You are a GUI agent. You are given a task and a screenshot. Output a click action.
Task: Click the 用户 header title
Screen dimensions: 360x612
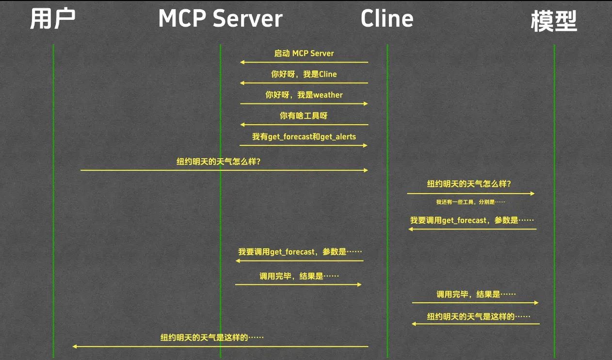tap(53, 19)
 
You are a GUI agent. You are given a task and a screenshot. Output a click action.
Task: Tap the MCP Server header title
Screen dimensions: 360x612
tap(220, 19)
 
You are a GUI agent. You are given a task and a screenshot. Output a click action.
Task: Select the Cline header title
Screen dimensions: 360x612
tap(387, 19)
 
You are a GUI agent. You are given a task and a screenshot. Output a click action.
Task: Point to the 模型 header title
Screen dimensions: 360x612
tap(554, 21)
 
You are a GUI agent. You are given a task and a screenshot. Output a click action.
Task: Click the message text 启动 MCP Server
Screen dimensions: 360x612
tap(304, 53)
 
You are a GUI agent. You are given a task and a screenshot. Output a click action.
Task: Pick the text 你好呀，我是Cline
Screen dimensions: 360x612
tap(304, 74)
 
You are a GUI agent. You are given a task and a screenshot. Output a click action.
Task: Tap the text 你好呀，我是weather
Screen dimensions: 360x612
tap(304, 95)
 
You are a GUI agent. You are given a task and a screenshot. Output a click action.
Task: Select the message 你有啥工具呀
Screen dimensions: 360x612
tap(304, 116)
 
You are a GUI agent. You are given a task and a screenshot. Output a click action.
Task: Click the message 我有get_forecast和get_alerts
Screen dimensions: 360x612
tap(304, 137)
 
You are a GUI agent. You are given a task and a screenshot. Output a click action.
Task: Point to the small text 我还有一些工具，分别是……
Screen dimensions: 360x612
tap(470, 202)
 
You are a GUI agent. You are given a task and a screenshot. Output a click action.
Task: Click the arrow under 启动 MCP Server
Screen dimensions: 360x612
tap(304, 62)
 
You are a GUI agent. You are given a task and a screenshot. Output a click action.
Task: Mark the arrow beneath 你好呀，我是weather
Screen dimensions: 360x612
tap(304, 104)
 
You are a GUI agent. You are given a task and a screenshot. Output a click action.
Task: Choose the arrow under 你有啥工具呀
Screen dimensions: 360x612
tap(304, 125)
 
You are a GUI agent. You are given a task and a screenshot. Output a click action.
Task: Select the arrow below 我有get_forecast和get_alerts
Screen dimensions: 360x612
tap(304, 146)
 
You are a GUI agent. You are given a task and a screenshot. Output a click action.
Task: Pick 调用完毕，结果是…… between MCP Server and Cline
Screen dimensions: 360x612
tap(299, 277)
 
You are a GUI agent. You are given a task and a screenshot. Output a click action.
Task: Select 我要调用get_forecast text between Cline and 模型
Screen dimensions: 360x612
tap(472, 220)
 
